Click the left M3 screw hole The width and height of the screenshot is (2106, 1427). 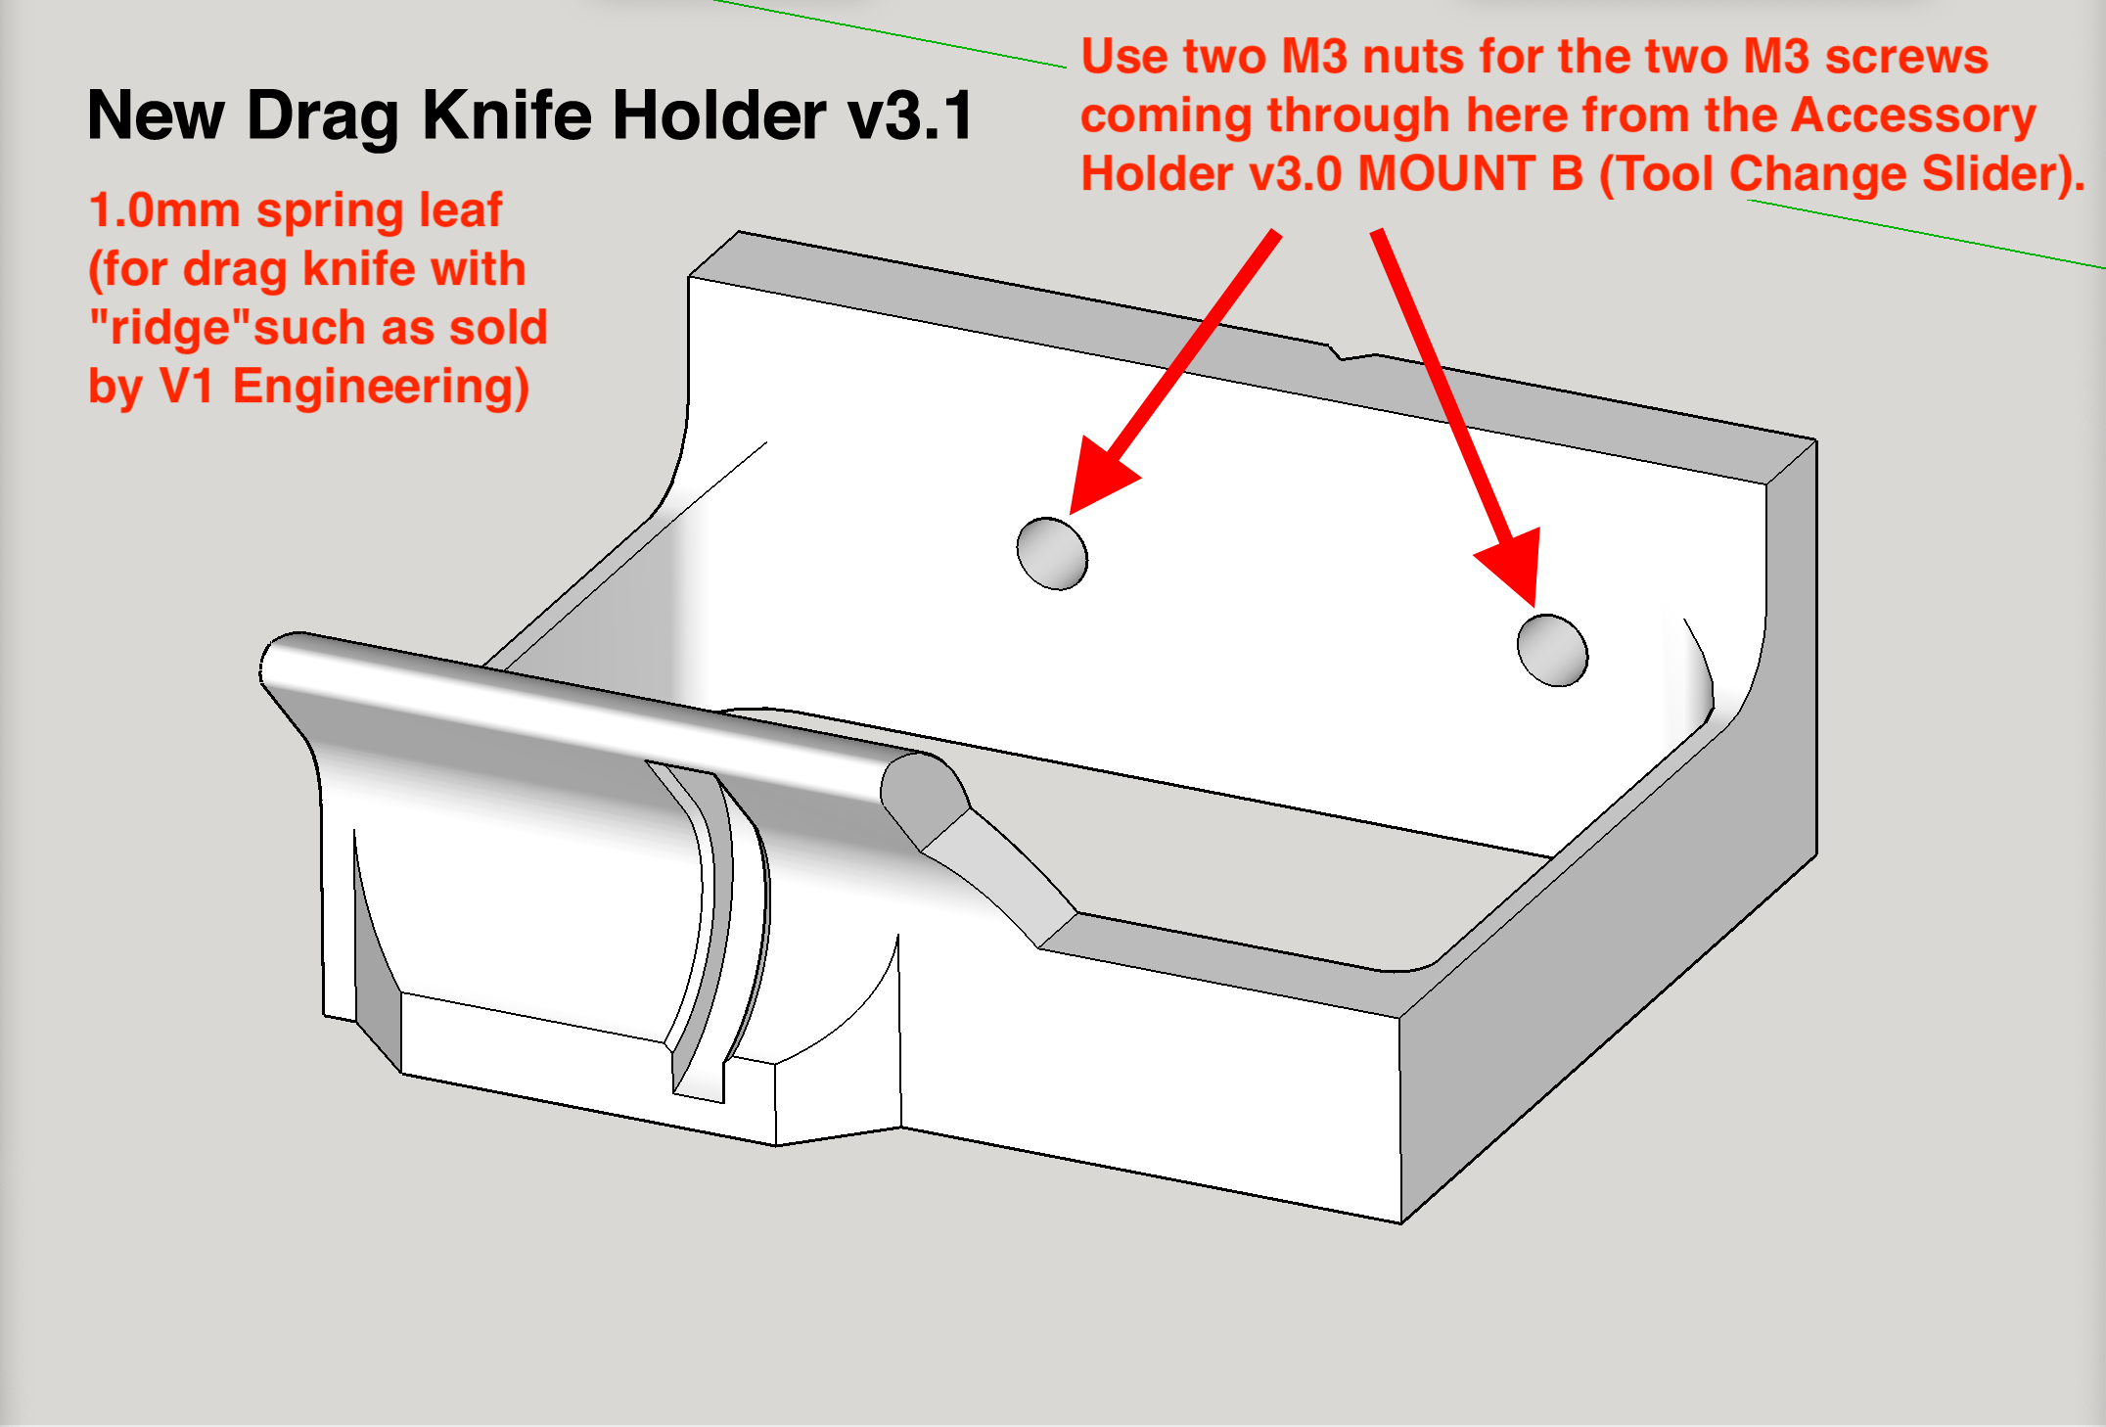tap(1052, 554)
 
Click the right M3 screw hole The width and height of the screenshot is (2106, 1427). tap(1552, 651)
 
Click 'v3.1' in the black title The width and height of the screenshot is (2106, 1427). tap(910, 116)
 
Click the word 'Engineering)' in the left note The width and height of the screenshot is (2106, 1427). tap(381, 387)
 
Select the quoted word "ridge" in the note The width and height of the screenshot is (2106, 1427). tap(170, 328)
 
